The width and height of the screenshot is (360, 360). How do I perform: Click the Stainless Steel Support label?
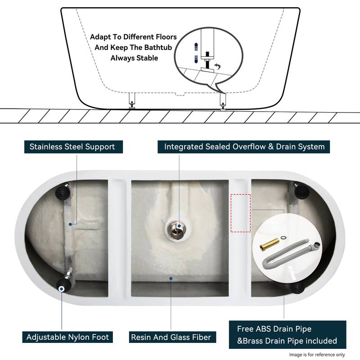[x=72, y=147]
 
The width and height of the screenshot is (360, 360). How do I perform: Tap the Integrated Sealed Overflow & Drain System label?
[x=244, y=147]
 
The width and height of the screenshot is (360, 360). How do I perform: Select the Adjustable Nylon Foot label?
[x=67, y=337]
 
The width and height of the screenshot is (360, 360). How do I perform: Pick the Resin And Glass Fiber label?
[x=171, y=337]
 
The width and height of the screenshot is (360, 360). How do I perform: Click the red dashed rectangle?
[x=241, y=213]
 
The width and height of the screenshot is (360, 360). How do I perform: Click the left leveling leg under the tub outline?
[x=132, y=100]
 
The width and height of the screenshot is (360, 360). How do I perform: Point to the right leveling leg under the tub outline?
[x=223, y=100]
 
